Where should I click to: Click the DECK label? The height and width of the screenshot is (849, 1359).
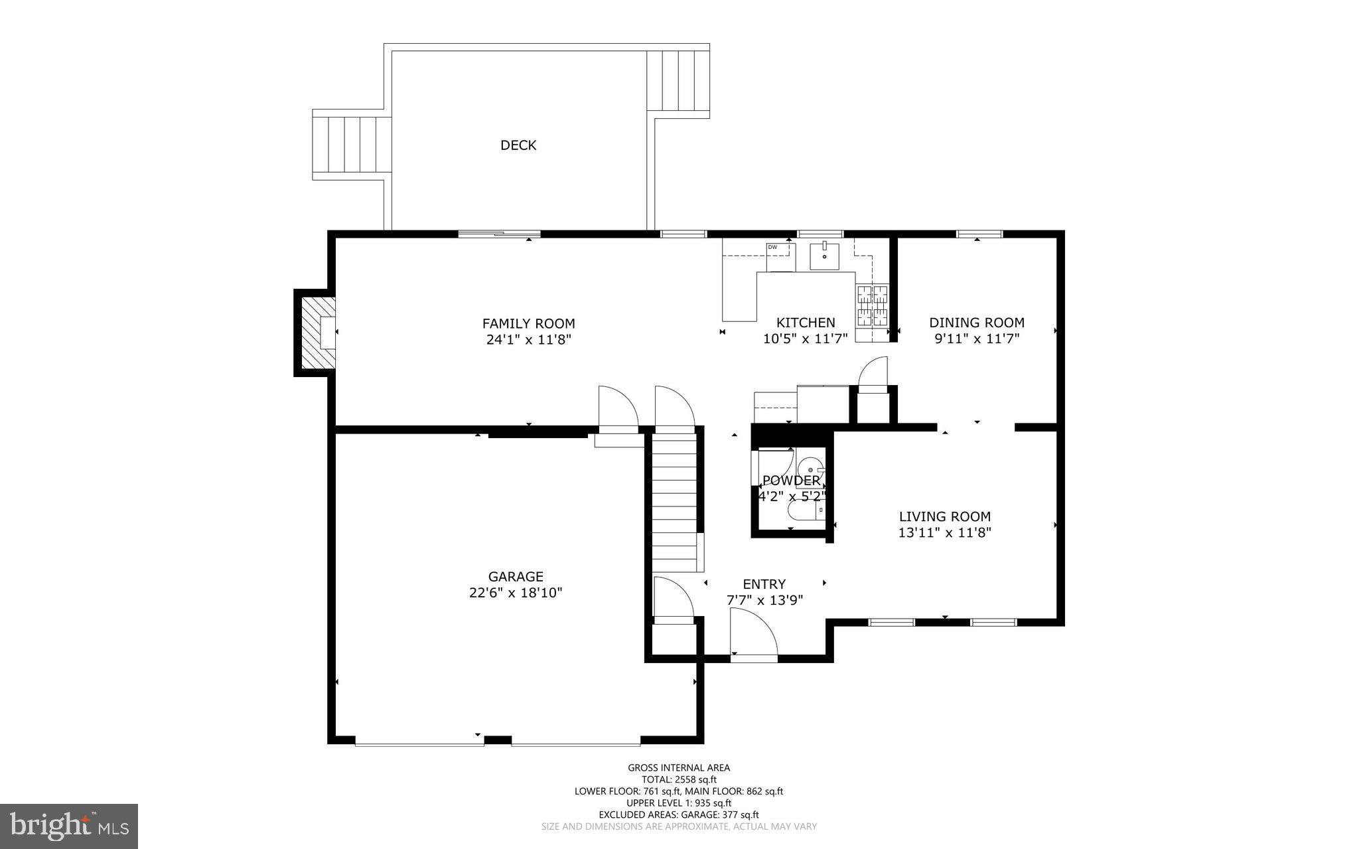pos(518,145)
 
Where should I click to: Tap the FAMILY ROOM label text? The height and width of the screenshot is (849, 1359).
pos(528,323)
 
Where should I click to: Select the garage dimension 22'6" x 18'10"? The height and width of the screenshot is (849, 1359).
pos(516,593)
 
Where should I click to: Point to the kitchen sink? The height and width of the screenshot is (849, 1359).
pos(824,256)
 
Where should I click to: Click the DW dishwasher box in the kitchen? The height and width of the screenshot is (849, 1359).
pos(781,258)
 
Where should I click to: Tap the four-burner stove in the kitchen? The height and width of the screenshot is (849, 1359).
pos(872,306)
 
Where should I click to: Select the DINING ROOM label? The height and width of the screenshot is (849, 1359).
pos(976,323)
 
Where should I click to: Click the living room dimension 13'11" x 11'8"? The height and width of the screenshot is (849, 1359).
pos(944,532)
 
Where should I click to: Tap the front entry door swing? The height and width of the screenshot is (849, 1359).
pos(752,635)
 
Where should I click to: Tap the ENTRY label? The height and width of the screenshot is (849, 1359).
pos(764,584)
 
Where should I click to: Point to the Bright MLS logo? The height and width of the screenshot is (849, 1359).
pos(69,826)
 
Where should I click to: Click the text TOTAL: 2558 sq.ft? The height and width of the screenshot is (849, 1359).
pos(679,779)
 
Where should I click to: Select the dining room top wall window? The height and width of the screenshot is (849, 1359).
pos(979,234)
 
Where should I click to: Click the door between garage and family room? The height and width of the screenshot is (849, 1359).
pos(618,412)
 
